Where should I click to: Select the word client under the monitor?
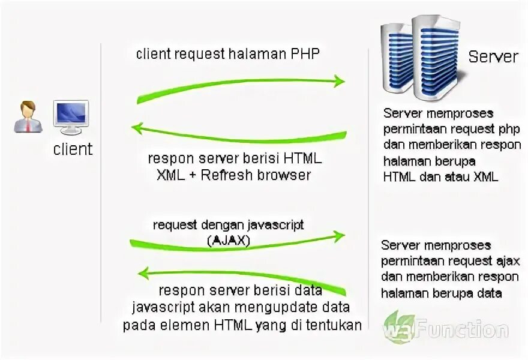73,149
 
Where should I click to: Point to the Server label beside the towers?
493,57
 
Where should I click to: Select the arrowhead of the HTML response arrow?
138,128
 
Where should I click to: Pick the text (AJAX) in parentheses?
229,241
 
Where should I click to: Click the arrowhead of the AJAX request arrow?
340,235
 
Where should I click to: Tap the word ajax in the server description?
508,261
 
